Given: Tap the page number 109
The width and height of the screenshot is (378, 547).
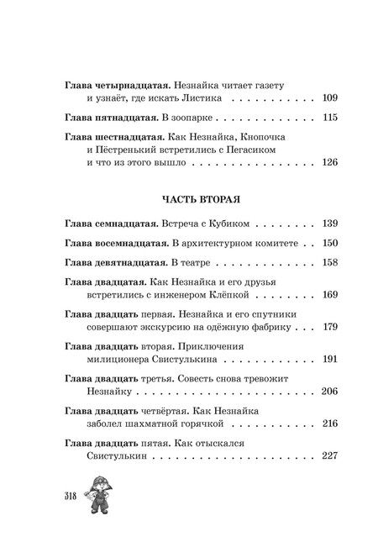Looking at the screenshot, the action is [328, 98].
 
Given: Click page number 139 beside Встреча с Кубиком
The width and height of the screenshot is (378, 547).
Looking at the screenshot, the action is [328, 226].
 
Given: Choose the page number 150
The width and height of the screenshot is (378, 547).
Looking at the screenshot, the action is [328, 244].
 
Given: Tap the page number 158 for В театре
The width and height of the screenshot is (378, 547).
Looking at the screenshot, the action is [328, 262].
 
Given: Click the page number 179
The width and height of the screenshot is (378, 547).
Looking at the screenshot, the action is [328, 327].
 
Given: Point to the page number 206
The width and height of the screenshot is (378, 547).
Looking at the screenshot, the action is [328, 392].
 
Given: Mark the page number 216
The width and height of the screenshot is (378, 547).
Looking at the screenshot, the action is [328, 423].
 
